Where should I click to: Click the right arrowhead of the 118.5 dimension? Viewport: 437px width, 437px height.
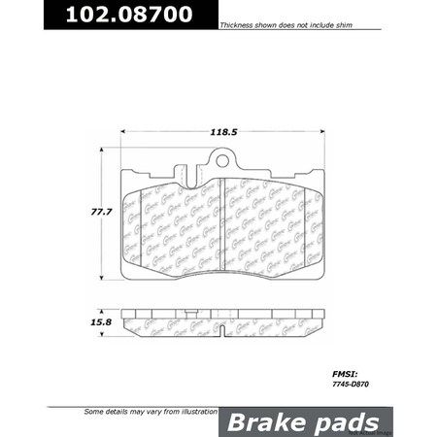(x=323, y=134)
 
